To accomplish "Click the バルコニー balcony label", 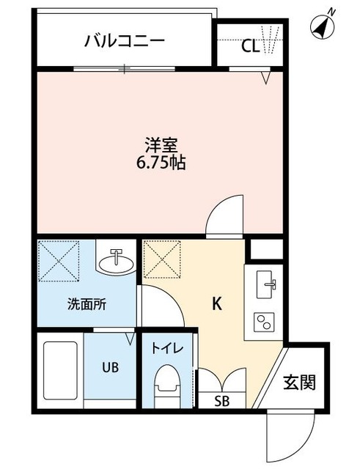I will coord(124,40).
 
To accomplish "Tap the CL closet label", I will coord(250,45).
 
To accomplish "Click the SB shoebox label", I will coord(221,401).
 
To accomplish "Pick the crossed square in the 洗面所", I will coord(60,260).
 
